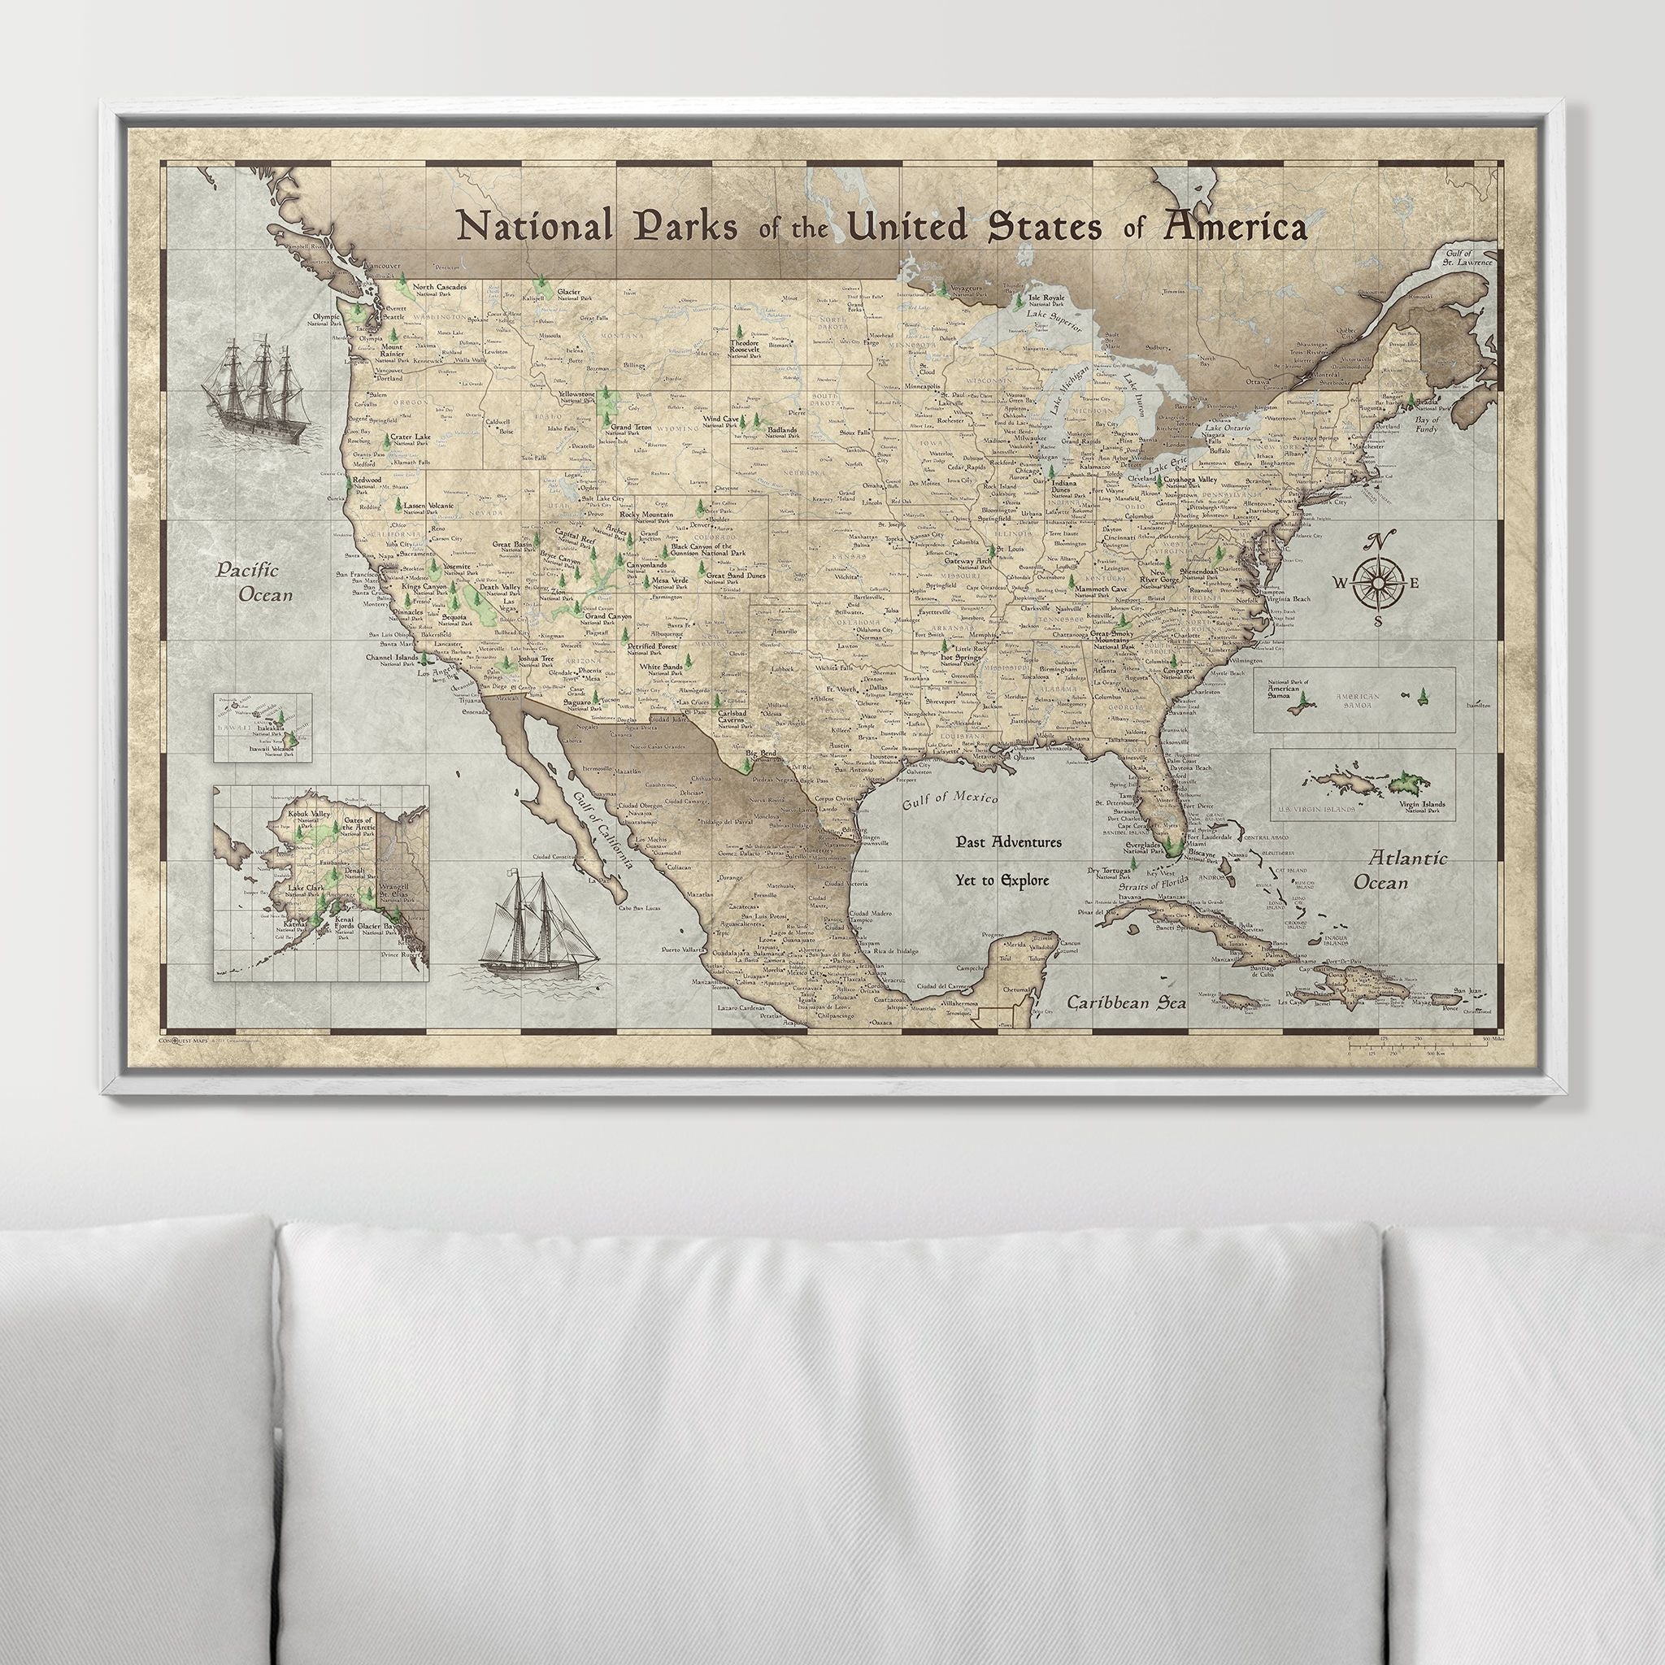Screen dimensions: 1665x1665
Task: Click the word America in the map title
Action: [x=1235, y=228]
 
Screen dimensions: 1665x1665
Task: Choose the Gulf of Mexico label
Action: [x=950, y=801]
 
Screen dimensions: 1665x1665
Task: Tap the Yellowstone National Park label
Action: [x=576, y=397]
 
